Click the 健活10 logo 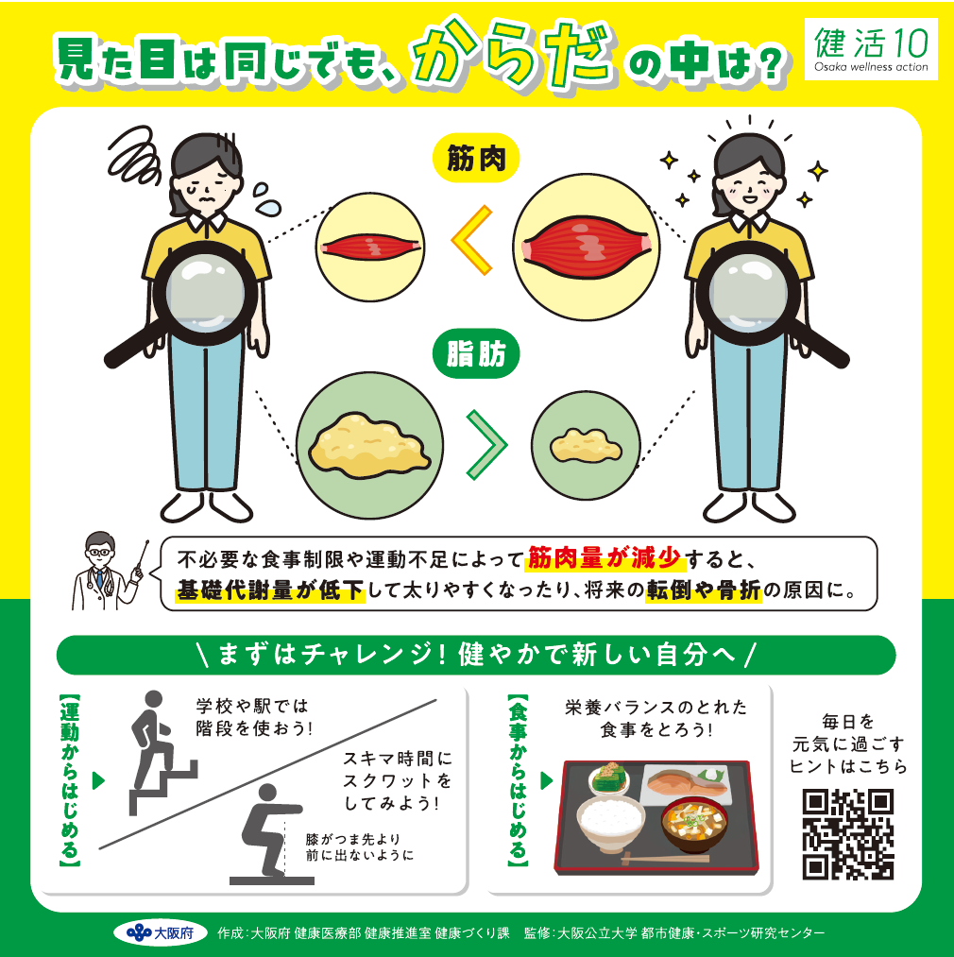tap(870, 49)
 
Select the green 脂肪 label tap(477, 355)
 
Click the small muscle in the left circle tap(368, 248)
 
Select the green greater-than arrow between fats tap(485, 442)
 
